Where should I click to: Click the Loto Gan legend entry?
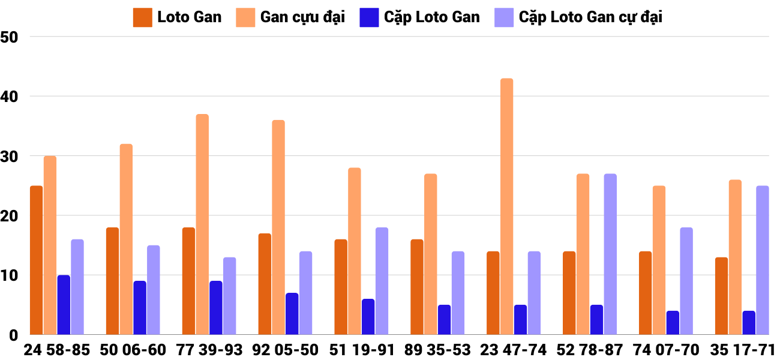[x=178, y=17]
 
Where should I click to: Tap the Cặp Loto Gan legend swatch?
[x=369, y=17]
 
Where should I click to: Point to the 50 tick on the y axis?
[x=10, y=37]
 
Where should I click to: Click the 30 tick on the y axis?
[x=10, y=156]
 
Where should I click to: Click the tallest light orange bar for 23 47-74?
[x=507, y=206]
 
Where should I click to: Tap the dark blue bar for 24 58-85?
[x=64, y=305]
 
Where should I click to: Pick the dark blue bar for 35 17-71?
[x=749, y=323]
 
